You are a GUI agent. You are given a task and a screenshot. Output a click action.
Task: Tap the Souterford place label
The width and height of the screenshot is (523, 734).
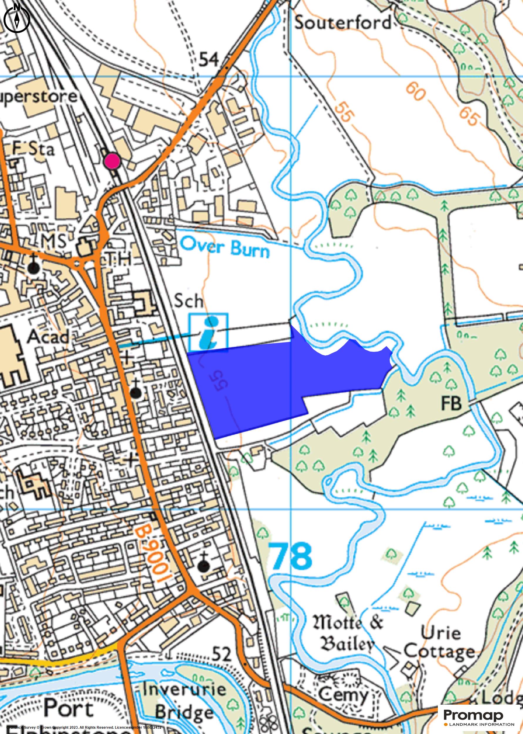click(343, 23)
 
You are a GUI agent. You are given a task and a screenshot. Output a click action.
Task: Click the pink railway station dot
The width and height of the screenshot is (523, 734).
click(112, 160)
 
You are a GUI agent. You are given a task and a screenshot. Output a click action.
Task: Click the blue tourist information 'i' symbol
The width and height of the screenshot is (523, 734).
click(209, 332)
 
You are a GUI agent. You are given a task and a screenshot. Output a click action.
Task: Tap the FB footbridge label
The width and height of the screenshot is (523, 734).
click(451, 403)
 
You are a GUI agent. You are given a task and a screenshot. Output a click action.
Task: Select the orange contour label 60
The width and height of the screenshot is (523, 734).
click(416, 91)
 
